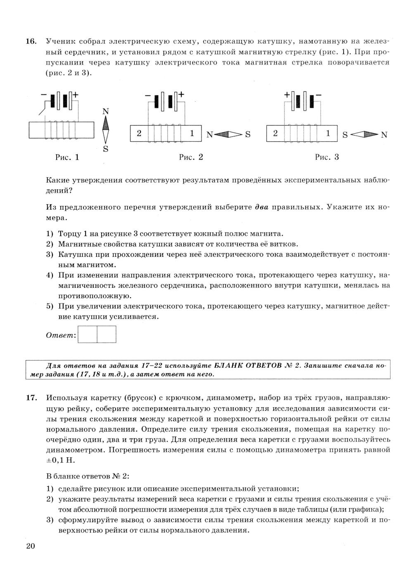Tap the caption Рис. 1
(x=67, y=157)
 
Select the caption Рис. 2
(x=191, y=157)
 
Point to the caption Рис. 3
(x=327, y=157)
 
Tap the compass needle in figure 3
(x=364, y=134)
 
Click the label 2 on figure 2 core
(x=139, y=134)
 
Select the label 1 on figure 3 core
(x=328, y=134)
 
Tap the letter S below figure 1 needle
(x=106, y=149)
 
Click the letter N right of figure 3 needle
(x=384, y=135)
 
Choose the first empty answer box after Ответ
(x=87, y=335)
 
